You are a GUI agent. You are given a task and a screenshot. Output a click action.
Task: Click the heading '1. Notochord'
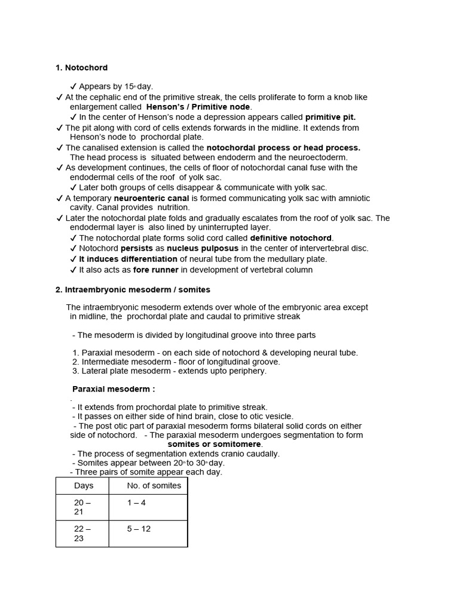81,68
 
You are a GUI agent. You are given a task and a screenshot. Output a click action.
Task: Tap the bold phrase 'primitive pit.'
330,117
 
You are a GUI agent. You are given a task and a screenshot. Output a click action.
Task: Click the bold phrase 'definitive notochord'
290,238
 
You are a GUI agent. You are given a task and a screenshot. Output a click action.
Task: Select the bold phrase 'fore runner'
157,270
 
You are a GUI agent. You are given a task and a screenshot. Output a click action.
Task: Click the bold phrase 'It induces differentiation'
128,259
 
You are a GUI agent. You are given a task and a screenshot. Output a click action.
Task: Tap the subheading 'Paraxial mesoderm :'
114,389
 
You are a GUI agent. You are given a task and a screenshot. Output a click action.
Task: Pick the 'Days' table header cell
84,486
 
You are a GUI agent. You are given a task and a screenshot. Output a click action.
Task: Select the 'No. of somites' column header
154,486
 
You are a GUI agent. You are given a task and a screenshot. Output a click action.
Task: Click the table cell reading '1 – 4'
136,503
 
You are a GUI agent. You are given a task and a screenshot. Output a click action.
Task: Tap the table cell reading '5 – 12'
138,529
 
